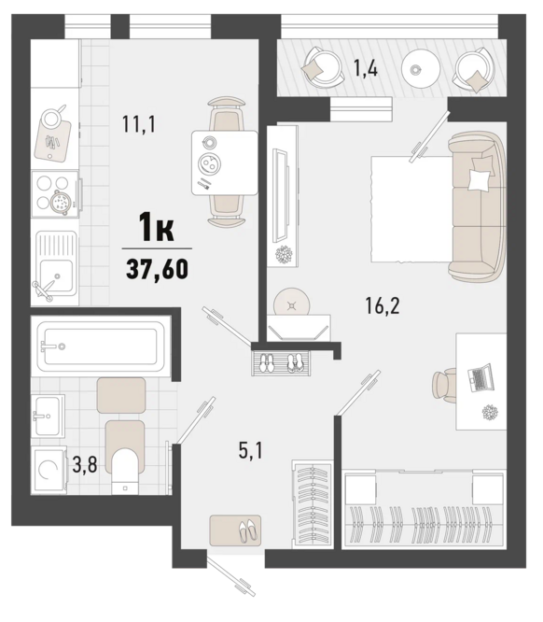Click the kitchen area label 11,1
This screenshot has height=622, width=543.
[x=139, y=124]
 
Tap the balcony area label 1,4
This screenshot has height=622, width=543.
[x=366, y=67]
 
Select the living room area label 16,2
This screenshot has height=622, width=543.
[x=383, y=305]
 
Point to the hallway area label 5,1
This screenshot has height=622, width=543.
[x=250, y=451]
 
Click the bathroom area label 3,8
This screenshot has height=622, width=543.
[x=85, y=464]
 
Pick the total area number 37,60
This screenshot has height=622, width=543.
[x=157, y=269]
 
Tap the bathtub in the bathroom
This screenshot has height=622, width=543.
[x=100, y=344]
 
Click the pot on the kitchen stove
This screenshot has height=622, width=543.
[x=61, y=202]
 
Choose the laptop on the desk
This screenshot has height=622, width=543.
[x=480, y=377]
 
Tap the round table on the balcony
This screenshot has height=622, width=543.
[x=421, y=68]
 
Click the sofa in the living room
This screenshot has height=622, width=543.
[x=477, y=206]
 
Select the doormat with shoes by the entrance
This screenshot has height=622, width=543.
[x=235, y=530]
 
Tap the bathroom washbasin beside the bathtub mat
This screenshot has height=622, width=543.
[x=48, y=417]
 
